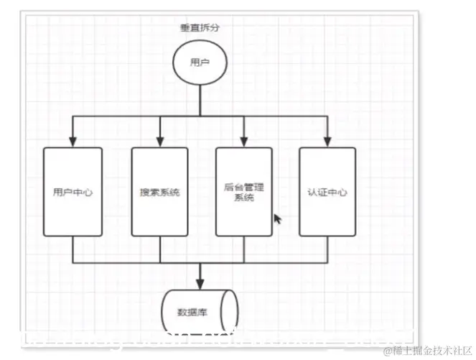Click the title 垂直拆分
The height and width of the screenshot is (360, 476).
point(200,28)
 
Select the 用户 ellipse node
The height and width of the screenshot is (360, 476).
point(200,63)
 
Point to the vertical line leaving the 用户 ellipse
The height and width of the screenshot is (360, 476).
point(200,99)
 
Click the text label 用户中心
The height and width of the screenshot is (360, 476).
point(73,193)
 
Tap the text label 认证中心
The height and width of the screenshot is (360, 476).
point(327,193)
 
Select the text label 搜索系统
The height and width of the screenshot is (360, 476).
point(159,193)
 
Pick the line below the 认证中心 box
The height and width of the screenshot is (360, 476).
point(327,249)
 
